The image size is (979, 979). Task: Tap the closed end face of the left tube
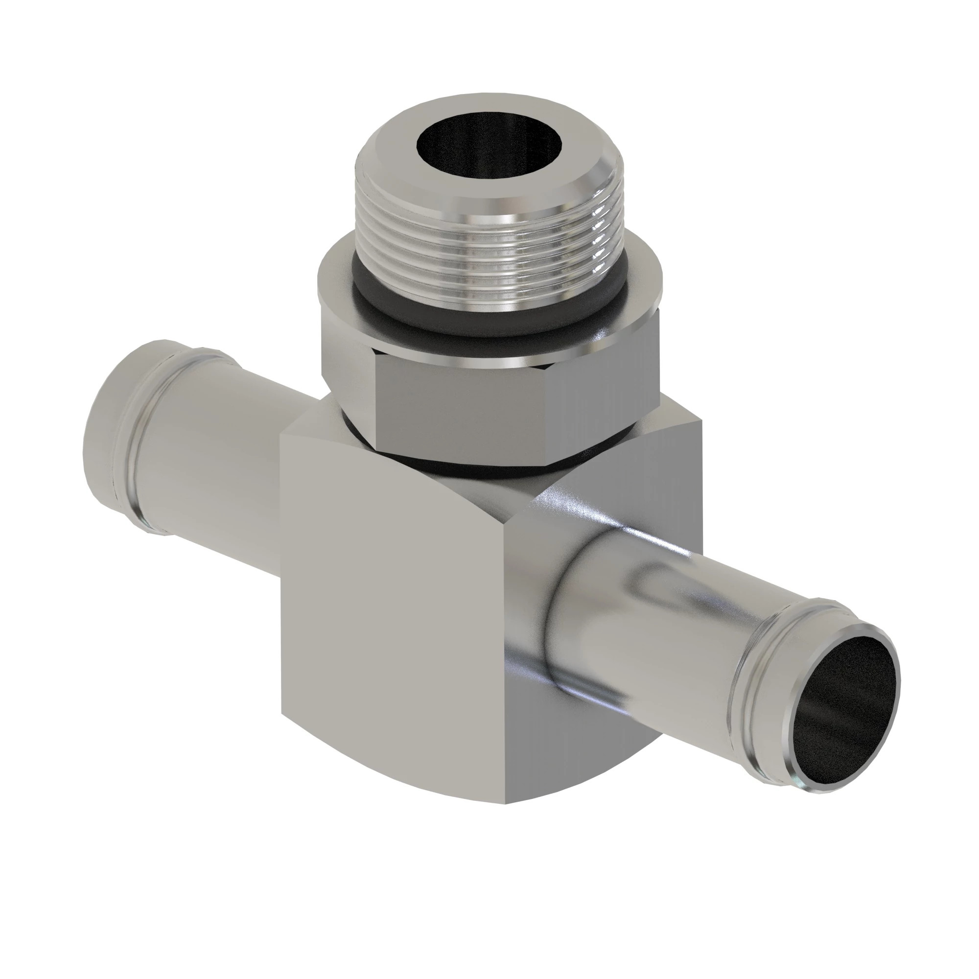tap(109, 431)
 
